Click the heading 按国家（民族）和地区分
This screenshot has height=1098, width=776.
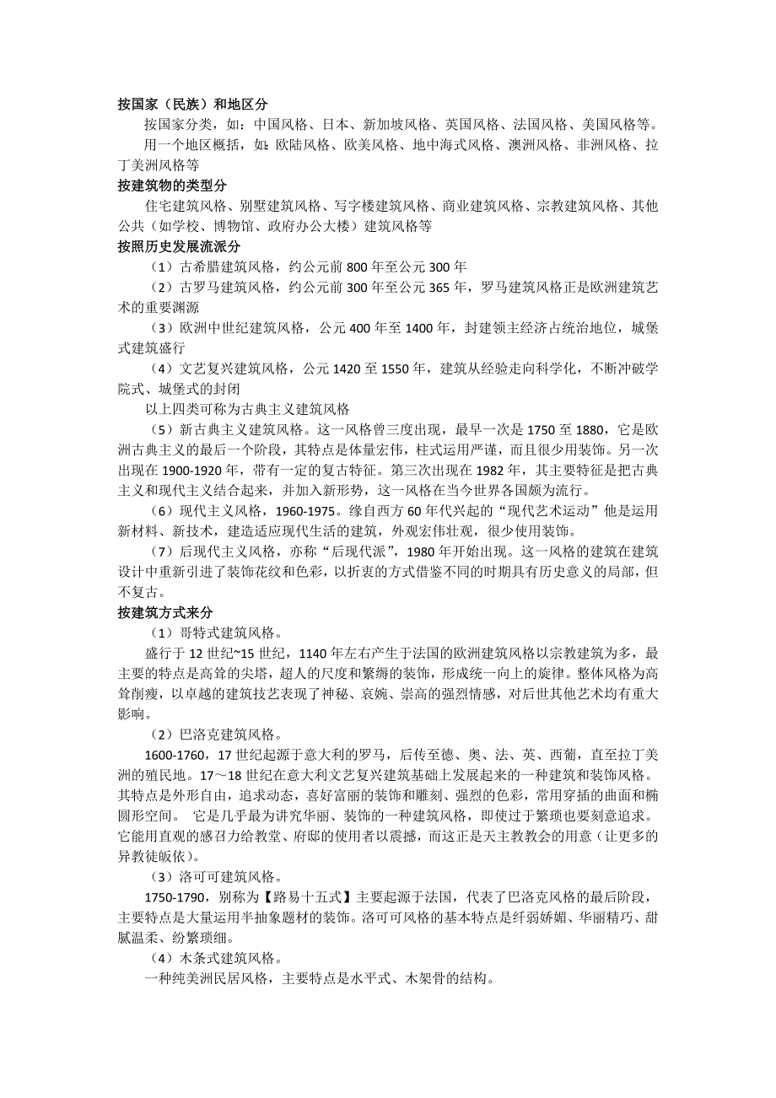click(x=192, y=105)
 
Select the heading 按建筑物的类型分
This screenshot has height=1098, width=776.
click(x=173, y=186)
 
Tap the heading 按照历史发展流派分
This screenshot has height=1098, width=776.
click(x=180, y=246)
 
